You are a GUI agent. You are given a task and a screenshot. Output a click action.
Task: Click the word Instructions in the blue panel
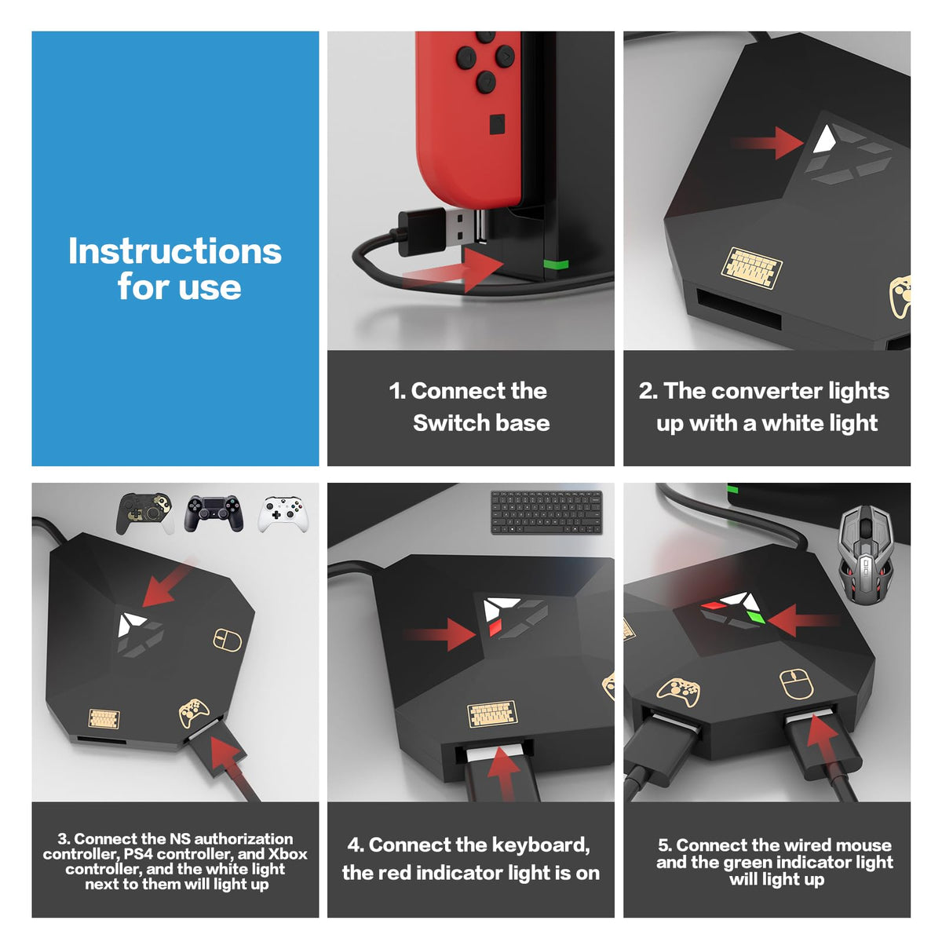[x=174, y=251]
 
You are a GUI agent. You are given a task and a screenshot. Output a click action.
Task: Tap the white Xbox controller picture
[x=283, y=514]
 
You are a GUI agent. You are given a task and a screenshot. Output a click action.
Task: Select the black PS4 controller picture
[x=214, y=513]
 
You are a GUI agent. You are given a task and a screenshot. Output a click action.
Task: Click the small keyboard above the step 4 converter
[x=546, y=513]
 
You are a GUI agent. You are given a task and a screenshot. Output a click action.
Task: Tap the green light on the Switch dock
[x=556, y=265]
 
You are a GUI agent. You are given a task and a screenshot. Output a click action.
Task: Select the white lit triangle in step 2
[x=825, y=139]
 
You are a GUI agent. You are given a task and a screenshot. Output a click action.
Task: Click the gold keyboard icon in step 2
[x=751, y=268]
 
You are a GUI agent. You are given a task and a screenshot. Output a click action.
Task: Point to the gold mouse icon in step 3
[x=228, y=640]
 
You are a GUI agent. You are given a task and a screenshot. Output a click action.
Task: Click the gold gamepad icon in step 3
[x=194, y=713]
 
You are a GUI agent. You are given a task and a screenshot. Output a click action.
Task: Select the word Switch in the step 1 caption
[x=444, y=423]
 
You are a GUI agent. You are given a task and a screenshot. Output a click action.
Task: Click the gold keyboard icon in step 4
[x=491, y=714]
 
